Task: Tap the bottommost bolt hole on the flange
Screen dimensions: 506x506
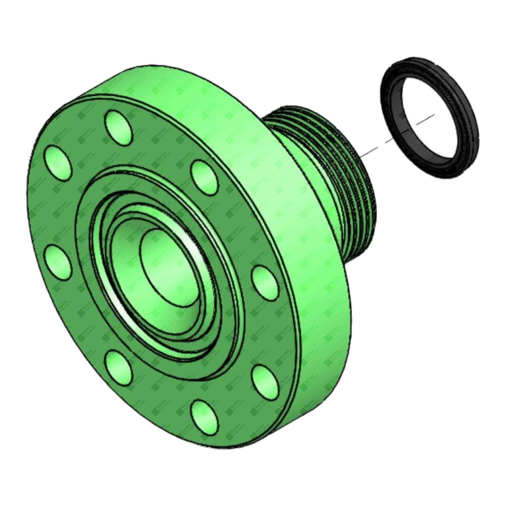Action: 205,414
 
